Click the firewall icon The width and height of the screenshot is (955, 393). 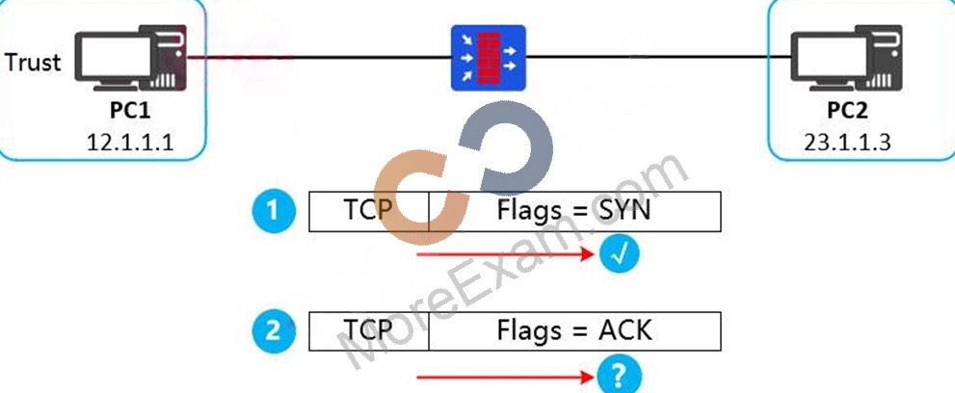488,58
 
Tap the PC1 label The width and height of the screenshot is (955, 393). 130,111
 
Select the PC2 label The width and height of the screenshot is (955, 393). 847,111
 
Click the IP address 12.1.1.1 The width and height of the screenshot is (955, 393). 130,142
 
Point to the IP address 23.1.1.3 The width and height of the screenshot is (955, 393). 847,142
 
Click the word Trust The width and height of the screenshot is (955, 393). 33,62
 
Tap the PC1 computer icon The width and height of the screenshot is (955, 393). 131,58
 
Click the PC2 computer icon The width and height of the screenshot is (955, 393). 847,58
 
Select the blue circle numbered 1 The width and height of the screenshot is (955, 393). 274,211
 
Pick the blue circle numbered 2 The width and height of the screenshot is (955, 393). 274,331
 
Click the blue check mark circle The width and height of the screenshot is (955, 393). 620,254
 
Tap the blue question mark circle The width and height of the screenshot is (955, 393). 618,376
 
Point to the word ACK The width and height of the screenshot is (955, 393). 624,331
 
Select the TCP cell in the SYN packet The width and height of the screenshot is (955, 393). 369,212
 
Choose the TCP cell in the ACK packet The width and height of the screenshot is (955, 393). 369,331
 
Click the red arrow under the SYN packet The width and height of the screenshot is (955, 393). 505,254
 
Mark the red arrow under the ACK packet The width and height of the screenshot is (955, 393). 505,378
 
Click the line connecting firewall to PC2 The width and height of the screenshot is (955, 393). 658,58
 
